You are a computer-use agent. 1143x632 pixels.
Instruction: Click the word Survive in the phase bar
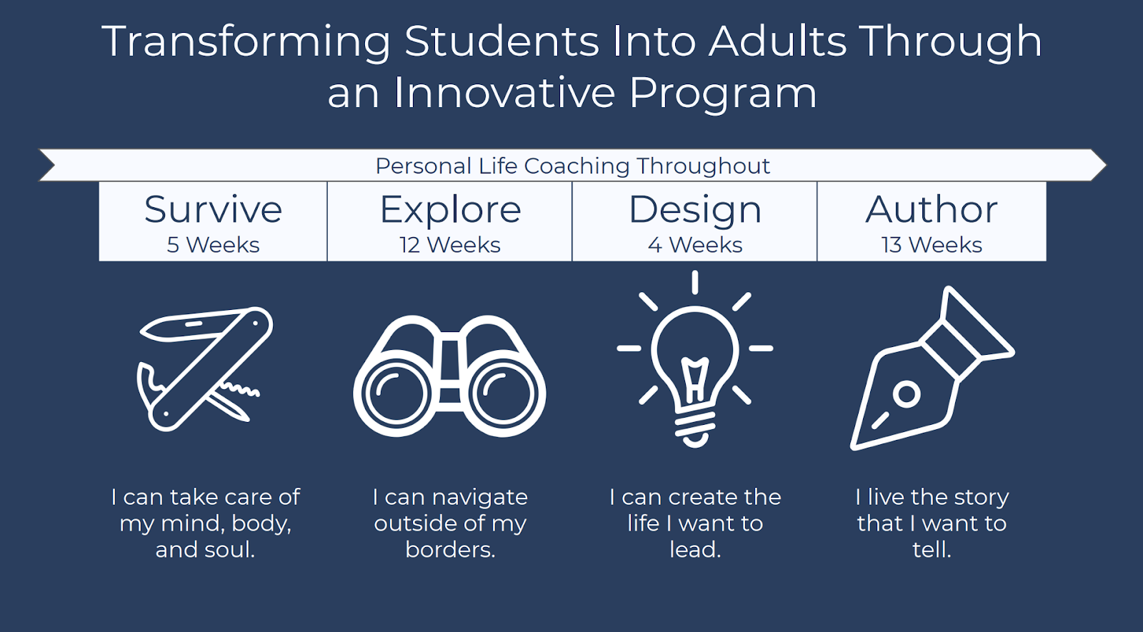coord(214,210)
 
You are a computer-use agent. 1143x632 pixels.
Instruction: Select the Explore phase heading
coord(450,210)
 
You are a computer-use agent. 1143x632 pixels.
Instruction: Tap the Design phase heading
coord(695,210)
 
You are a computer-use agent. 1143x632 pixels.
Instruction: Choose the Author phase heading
coord(932,210)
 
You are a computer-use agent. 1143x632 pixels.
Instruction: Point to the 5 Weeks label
coord(214,246)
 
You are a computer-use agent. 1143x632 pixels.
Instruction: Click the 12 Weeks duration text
coord(450,246)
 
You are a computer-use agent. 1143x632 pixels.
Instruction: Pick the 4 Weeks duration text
coord(695,246)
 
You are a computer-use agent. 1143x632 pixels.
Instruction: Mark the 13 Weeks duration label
coord(932,246)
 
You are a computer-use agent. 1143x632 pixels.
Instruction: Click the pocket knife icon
coord(205,368)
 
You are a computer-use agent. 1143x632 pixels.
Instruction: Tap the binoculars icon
coord(449,376)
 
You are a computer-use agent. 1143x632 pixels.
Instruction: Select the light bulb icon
coord(694,359)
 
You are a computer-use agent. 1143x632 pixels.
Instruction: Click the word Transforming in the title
coord(246,42)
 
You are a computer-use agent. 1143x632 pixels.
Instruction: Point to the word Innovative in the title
coord(504,93)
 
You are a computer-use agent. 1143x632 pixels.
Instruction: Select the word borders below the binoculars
coord(450,550)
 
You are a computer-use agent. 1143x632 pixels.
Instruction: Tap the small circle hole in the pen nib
coord(907,393)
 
